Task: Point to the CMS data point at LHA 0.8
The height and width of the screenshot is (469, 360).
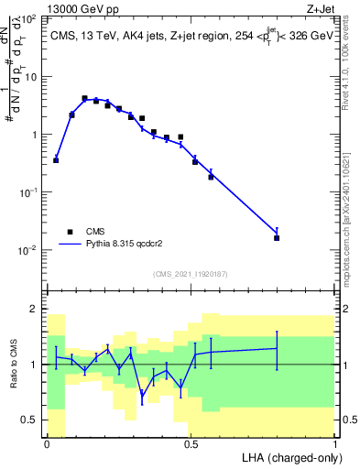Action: pos(277,237)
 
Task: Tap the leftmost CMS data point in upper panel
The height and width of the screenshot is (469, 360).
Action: pos(56,160)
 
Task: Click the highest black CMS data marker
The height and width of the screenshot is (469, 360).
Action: pos(84,98)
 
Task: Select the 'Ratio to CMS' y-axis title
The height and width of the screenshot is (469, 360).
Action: pos(13,365)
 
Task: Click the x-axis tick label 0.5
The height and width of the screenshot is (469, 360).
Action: pos(191,444)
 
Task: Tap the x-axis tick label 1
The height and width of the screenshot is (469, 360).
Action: pos(335,444)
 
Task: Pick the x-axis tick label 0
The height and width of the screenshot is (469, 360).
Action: pos(47,444)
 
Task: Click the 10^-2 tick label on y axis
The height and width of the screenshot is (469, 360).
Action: pos(28,249)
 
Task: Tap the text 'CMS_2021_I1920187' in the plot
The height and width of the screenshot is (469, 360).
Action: pos(190,274)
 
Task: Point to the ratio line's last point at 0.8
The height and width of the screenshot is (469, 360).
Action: pos(277,348)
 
